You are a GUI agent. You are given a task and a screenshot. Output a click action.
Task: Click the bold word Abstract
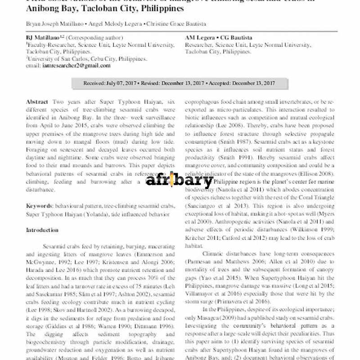[x=36, y=102]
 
